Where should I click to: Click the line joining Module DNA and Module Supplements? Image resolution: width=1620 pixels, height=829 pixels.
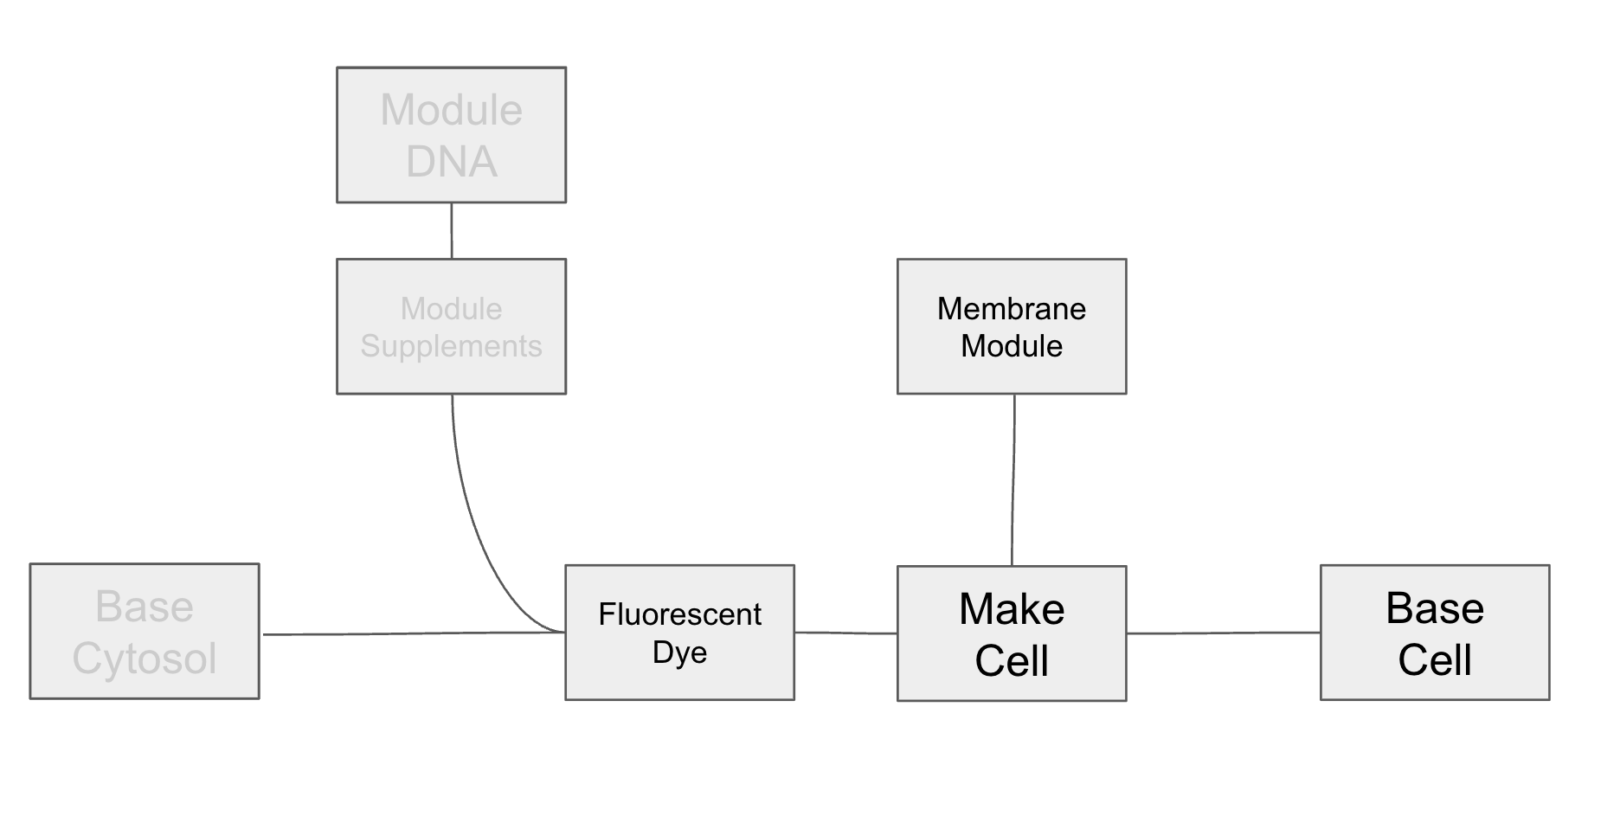(452, 230)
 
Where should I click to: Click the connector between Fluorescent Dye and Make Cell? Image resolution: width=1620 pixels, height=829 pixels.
(845, 633)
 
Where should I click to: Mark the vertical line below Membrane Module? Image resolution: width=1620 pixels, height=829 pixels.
(1013, 480)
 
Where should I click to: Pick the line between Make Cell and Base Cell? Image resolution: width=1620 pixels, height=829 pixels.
(1223, 633)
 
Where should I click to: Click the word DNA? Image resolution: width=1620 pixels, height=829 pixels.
(451, 162)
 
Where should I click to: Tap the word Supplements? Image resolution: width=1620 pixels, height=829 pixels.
(451, 346)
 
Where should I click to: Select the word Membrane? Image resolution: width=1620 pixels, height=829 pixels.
(1011, 309)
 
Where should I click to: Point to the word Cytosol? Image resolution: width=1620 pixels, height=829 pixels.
(144, 659)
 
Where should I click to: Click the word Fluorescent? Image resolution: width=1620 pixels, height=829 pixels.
(679, 614)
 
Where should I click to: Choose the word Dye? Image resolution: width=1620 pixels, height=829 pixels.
(679, 652)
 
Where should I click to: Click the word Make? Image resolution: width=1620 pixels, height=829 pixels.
(1011, 609)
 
